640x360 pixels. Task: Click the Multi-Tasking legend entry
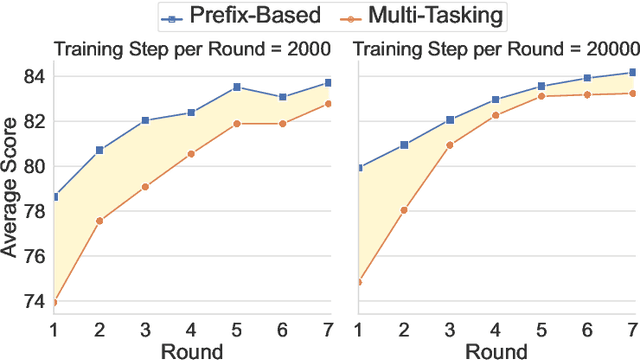421,16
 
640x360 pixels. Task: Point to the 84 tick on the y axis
34,76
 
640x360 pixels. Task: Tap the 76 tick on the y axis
34,256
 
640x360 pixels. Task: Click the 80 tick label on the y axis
34,166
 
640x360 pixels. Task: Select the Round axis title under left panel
193,350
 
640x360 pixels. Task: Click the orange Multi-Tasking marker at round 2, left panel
99,220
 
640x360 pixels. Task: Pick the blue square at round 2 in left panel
99,150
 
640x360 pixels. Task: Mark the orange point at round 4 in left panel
191,153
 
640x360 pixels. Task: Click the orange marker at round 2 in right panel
404,210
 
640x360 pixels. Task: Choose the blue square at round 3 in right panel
450,119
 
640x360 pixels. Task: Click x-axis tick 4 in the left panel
191,327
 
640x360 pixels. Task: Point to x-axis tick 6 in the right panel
587,327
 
